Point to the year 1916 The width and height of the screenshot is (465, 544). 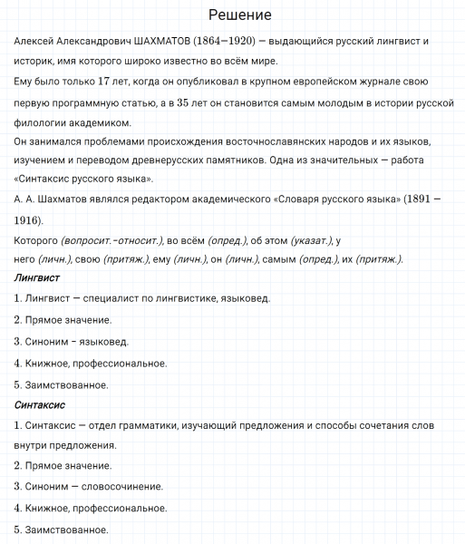coord(28,220)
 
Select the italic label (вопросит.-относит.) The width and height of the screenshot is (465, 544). coord(110,240)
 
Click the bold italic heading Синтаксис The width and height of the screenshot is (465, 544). coord(41,404)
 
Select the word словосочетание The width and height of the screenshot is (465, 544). coord(120,486)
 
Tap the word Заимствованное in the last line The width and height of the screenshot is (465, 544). coord(61,529)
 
